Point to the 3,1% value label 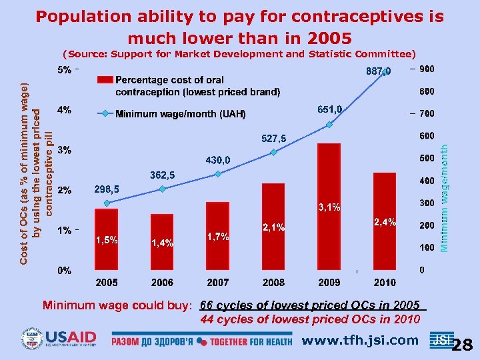tap(329, 207)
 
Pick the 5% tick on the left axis tap(65, 69)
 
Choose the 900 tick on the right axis tap(427, 69)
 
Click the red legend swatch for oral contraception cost tap(105, 79)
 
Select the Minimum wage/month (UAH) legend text tap(181, 114)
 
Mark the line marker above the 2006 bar tap(162, 189)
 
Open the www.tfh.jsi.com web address tap(360, 341)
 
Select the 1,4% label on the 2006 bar tap(163, 243)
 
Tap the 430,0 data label tap(218, 160)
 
